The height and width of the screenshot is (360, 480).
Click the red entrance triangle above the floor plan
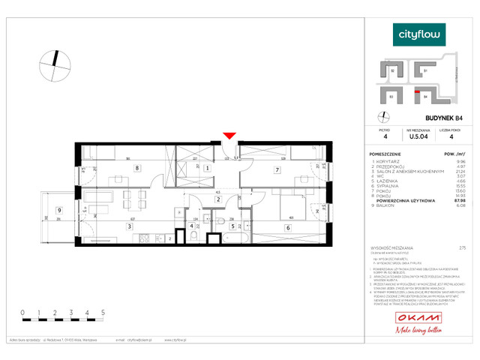click(x=230, y=136)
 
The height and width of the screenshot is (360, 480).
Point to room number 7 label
click(x=277, y=170)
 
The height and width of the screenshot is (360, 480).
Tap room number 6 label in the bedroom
click(x=288, y=227)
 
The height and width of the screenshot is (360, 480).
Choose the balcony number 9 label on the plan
click(x=58, y=211)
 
